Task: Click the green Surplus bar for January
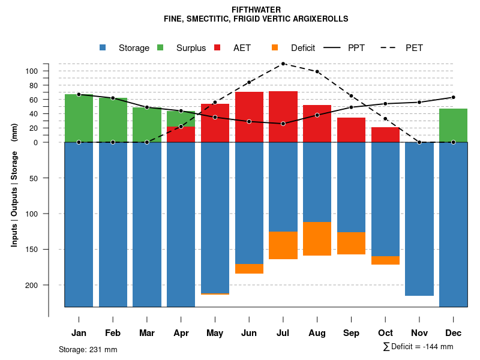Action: [x=79, y=118]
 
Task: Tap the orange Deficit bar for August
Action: [x=317, y=239]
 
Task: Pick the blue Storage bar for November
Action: [x=419, y=219]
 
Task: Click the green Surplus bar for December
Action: [x=453, y=125]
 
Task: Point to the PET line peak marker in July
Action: [x=283, y=64]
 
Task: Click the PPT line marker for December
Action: [x=453, y=97]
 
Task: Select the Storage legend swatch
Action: [x=103, y=48]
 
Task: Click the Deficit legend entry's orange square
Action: [x=275, y=48]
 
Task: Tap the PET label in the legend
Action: [x=414, y=48]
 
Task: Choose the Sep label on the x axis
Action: [x=351, y=333]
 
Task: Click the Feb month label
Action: [x=113, y=333]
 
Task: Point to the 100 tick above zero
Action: [x=31, y=71]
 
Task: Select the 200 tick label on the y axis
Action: [x=31, y=285]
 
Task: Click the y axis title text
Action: [x=14, y=190]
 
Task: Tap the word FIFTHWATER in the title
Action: [x=256, y=10]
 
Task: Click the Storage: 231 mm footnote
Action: [x=88, y=349]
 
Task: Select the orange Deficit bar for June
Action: [x=249, y=269]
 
